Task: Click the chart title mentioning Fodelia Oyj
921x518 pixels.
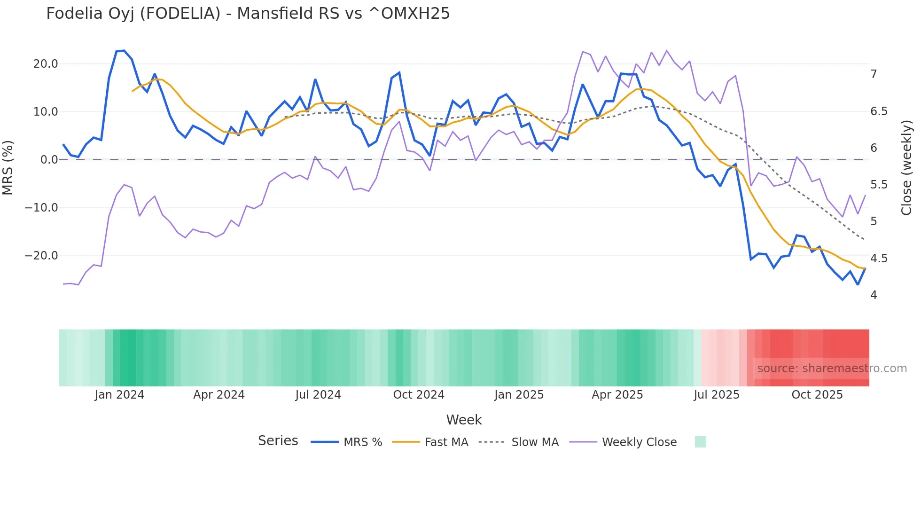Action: (x=248, y=14)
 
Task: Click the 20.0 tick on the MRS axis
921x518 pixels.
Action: (x=46, y=64)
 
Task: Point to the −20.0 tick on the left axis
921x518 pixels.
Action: (x=42, y=256)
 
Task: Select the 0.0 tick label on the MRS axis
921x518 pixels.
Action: (x=49, y=160)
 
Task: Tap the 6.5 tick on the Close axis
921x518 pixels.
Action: (x=879, y=111)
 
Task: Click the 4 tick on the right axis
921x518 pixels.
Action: (x=874, y=295)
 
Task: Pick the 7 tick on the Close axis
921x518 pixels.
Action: (x=874, y=74)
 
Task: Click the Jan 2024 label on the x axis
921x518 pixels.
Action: (x=119, y=395)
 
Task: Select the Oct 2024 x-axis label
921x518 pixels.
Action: (x=419, y=395)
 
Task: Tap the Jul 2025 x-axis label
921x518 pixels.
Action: (x=717, y=395)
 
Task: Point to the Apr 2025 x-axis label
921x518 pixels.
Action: (x=617, y=395)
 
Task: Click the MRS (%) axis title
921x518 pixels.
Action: (x=8, y=167)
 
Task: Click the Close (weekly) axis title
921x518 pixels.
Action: (x=906, y=167)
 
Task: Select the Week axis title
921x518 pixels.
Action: (x=464, y=420)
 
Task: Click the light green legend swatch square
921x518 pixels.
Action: (x=700, y=442)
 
